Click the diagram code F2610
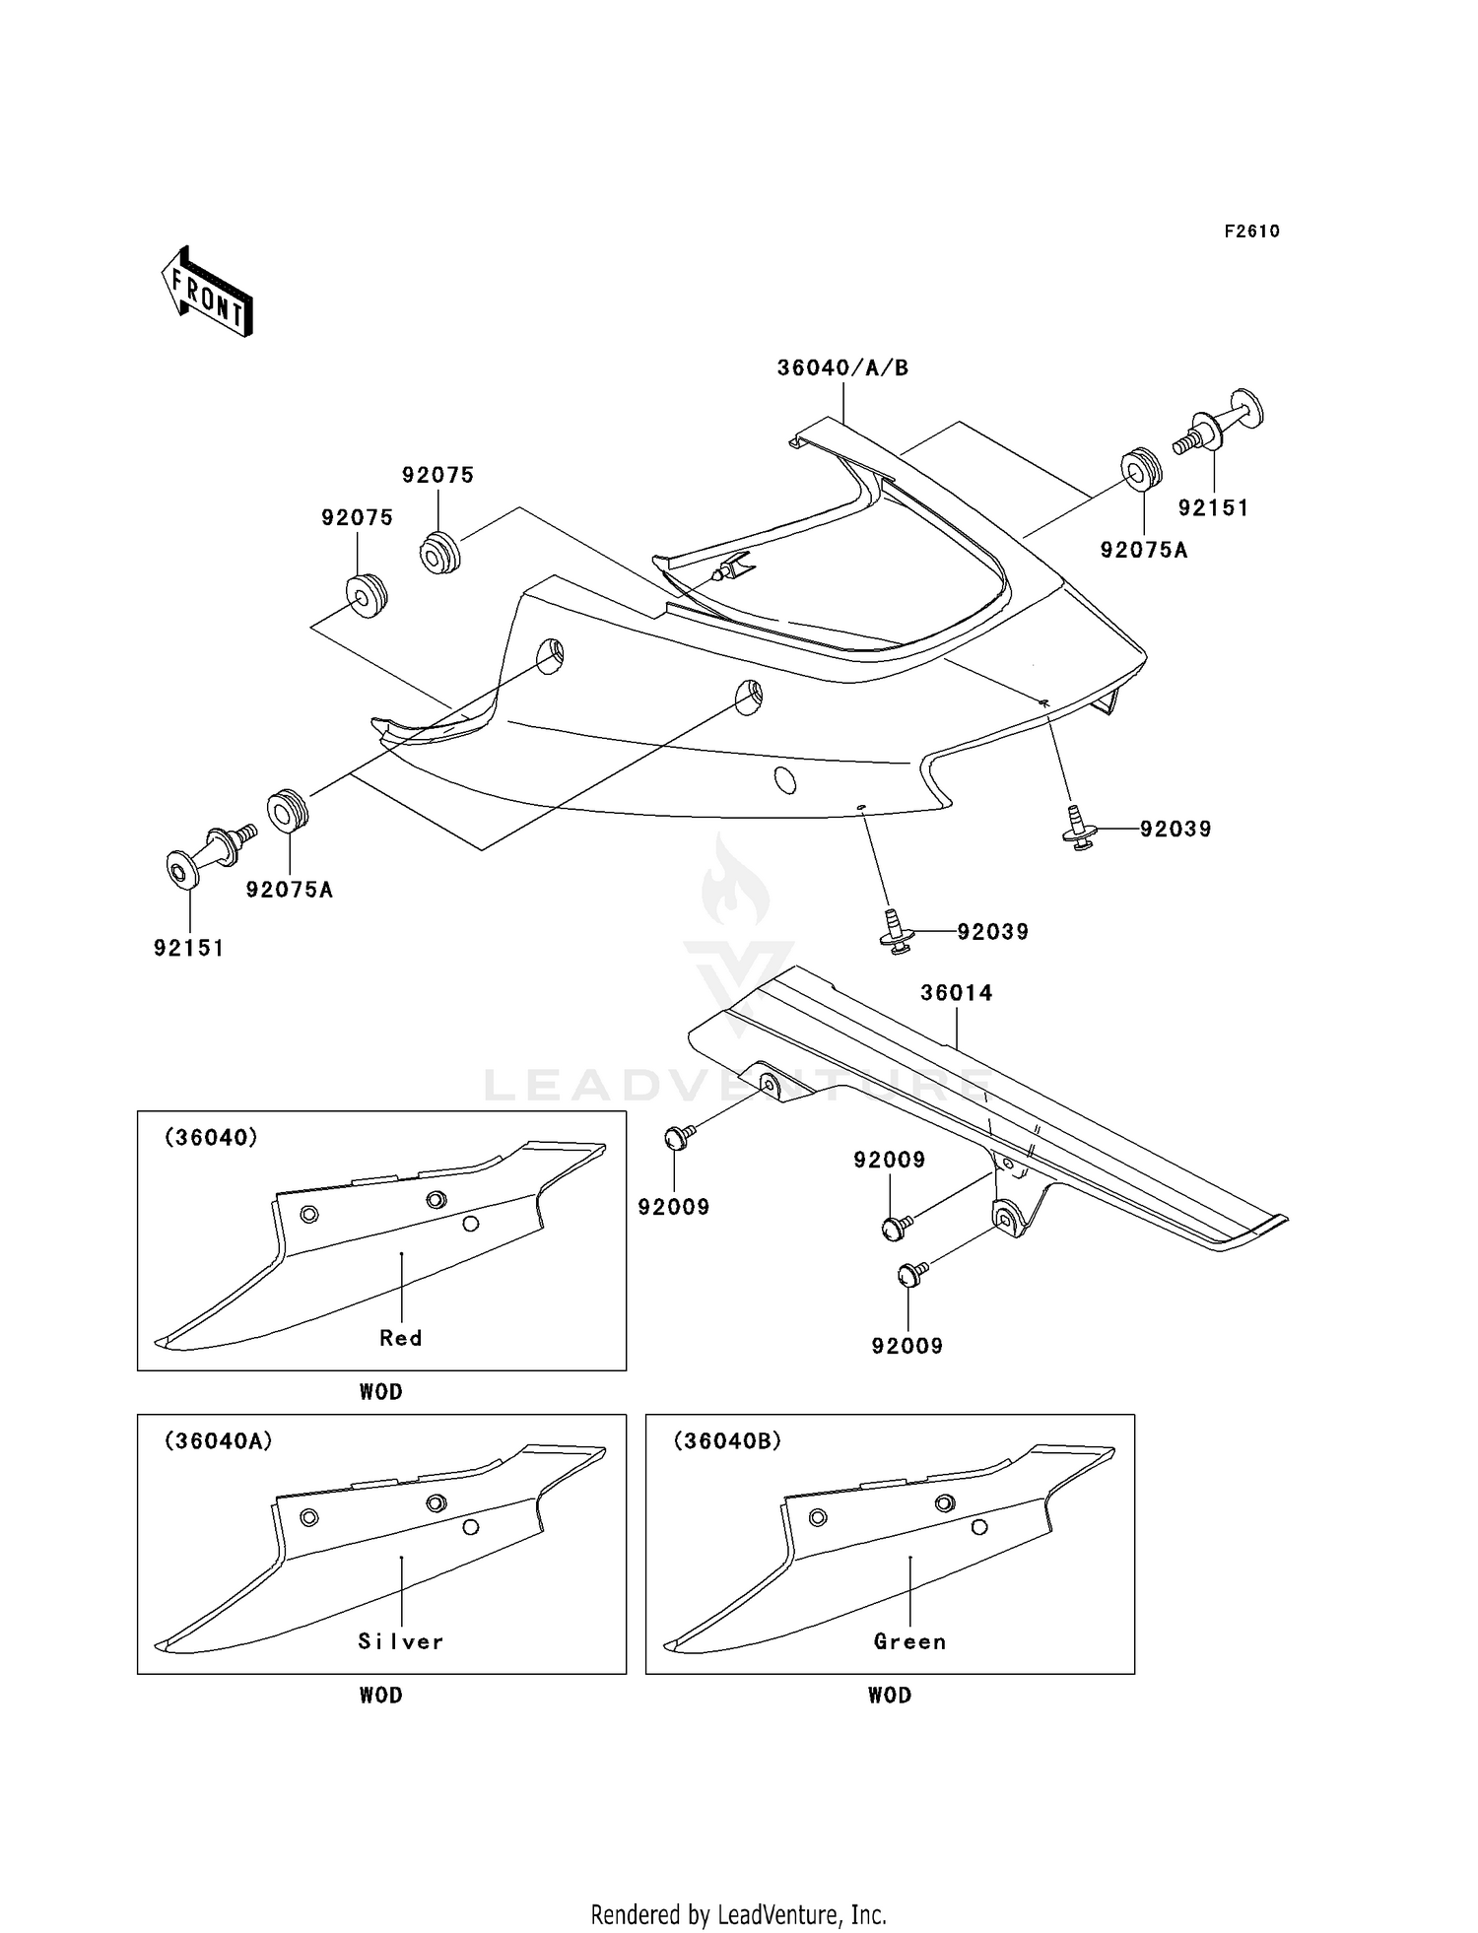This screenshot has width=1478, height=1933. [x=1251, y=232]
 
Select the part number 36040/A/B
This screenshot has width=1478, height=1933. [x=842, y=368]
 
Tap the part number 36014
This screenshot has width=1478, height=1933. [x=956, y=993]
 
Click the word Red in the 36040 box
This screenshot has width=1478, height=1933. [x=401, y=1338]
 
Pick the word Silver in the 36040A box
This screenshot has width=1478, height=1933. [x=401, y=1641]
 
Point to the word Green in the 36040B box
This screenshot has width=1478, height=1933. [x=909, y=1641]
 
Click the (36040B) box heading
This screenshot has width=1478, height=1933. [x=727, y=1441]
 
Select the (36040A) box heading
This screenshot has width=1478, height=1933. [x=218, y=1441]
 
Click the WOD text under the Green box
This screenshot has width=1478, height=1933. [x=889, y=1696]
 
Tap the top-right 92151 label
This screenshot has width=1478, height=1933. [x=1213, y=508]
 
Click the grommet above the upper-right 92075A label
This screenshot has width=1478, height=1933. [x=1141, y=470]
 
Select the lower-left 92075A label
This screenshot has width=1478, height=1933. [x=289, y=890]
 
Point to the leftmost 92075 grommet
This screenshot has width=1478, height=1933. [x=366, y=594]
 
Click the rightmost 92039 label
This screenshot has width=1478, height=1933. [x=1176, y=830]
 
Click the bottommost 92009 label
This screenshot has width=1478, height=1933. [x=907, y=1346]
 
